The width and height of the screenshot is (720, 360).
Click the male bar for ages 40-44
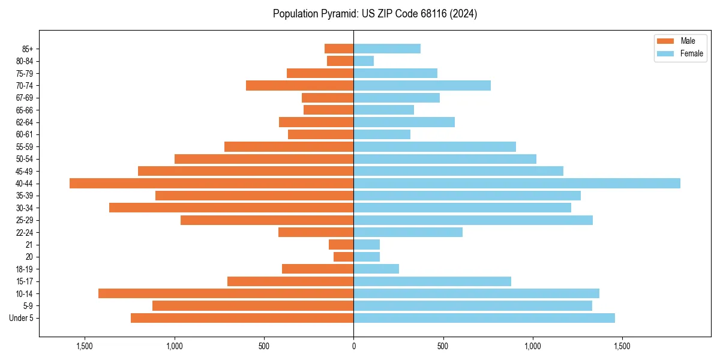click(211, 184)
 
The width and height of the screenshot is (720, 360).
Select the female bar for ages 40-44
click(517, 184)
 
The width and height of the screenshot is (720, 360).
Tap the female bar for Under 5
click(484, 318)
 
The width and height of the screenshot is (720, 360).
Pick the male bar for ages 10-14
click(226, 293)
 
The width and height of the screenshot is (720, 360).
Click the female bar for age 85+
click(387, 49)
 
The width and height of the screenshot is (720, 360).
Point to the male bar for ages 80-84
click(340, 61)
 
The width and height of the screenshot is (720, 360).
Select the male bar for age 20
click(344, 257)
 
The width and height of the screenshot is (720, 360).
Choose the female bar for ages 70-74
click(422, 86)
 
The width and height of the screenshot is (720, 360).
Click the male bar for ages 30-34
click(231, 208)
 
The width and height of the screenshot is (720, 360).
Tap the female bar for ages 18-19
click(376, 269)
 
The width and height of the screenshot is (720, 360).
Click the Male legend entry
click(679, 41)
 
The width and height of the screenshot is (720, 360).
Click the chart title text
click(375, 14)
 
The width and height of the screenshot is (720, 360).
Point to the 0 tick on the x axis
click(353, 346)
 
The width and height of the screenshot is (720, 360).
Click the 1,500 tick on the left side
click(85, 346)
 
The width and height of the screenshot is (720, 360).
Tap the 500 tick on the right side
click(443, 346)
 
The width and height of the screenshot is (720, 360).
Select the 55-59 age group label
click(24, 147)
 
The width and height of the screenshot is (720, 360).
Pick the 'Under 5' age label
click(22, 318)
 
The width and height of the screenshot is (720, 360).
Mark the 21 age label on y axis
click(29, 245)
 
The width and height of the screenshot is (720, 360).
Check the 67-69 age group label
click(24, 98)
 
